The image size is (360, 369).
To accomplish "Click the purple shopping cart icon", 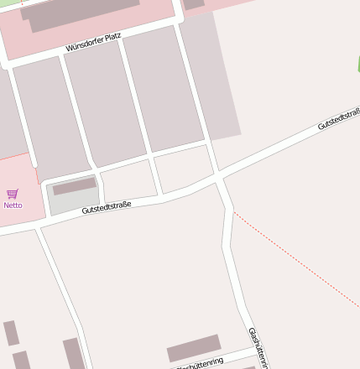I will click(13, 195).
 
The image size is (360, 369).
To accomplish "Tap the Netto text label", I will click(13, 205).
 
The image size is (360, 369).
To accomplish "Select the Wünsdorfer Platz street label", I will click(93, 42).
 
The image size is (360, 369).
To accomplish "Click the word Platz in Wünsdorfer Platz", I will click(112, 37).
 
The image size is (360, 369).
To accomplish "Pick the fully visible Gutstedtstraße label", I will click(107, 206).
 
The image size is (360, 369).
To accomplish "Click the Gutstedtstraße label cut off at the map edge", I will click(338, 119).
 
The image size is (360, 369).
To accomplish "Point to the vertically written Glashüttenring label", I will click(257, 347).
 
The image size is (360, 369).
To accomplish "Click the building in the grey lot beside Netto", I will click(75, 186).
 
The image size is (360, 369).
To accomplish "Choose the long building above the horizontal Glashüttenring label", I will click(194, 348).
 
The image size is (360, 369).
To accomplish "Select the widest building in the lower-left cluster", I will click(72, 353).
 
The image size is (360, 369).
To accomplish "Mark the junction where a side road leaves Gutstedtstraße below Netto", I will click(38, 227).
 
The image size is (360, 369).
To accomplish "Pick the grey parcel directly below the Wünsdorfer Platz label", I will click(104, 101).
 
